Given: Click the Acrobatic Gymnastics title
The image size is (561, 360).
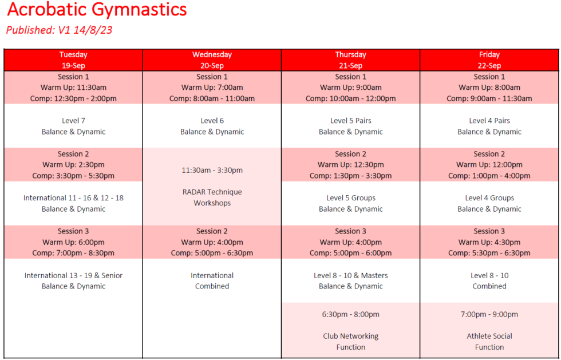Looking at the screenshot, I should pos(97,10).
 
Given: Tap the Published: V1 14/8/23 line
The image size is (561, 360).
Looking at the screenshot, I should pos(59,30).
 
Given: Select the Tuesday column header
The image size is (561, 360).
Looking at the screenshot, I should pos(73,55).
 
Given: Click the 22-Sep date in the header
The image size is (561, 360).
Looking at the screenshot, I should pos(489,66).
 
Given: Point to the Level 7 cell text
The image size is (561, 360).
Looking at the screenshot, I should pos(73,121).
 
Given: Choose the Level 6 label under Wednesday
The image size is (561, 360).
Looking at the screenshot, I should pos(212,121).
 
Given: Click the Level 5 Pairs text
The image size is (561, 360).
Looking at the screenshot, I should pos(351,121).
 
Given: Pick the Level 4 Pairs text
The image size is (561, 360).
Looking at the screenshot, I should pos(489,121).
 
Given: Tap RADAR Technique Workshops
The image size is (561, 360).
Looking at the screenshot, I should pos(212,197).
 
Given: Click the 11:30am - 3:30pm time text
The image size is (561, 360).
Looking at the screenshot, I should pos(212,170).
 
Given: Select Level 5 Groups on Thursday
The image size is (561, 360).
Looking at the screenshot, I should pos(351,198).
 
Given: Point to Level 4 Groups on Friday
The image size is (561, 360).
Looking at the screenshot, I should pos(489,198).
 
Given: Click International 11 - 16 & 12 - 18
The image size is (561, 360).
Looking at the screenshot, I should pos(73,198).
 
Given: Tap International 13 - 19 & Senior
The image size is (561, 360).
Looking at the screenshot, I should pos(73,275).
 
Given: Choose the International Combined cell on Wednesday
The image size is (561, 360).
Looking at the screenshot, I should pos(212,280).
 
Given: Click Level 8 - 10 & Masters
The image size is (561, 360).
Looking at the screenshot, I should pos(351,275).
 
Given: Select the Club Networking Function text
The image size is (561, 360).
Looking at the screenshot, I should pos(351,341).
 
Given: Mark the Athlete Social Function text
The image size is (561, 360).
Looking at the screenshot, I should pos(489,341).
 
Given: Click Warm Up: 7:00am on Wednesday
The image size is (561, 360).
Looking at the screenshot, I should pos(212,88).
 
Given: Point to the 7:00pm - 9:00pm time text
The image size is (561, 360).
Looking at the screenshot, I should pos(489,314).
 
